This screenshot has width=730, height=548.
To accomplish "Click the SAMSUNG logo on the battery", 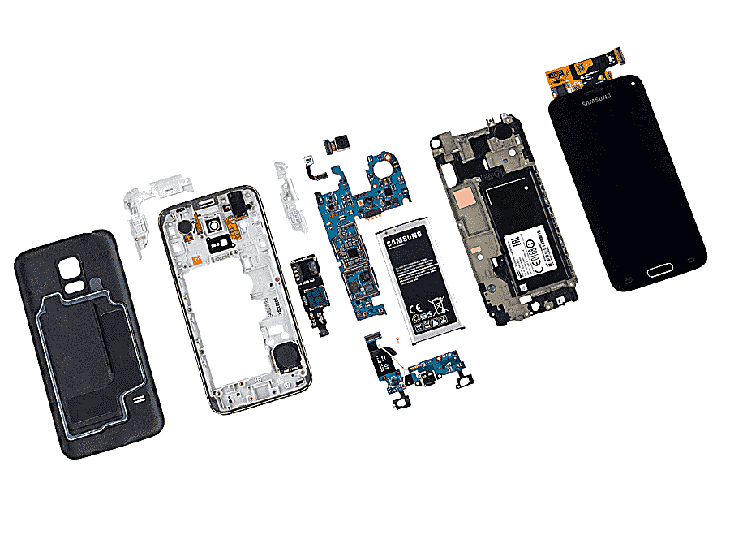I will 404,239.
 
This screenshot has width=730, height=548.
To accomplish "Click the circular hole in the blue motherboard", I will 381,170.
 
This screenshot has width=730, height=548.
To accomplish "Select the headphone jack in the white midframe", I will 234,204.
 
